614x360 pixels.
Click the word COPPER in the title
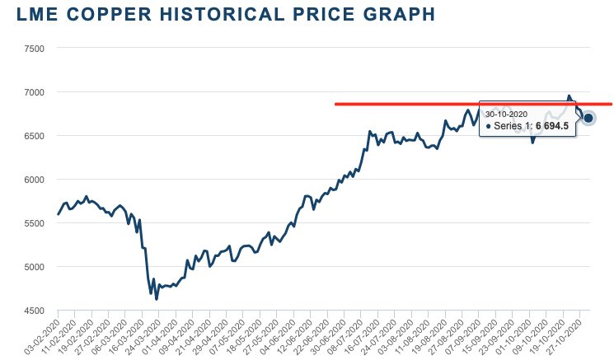115,16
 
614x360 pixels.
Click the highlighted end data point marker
589,118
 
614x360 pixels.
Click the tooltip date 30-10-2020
506,114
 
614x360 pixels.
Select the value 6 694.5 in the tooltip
552,125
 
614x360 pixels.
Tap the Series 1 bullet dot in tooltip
488,126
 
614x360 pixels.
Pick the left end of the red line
335,104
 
